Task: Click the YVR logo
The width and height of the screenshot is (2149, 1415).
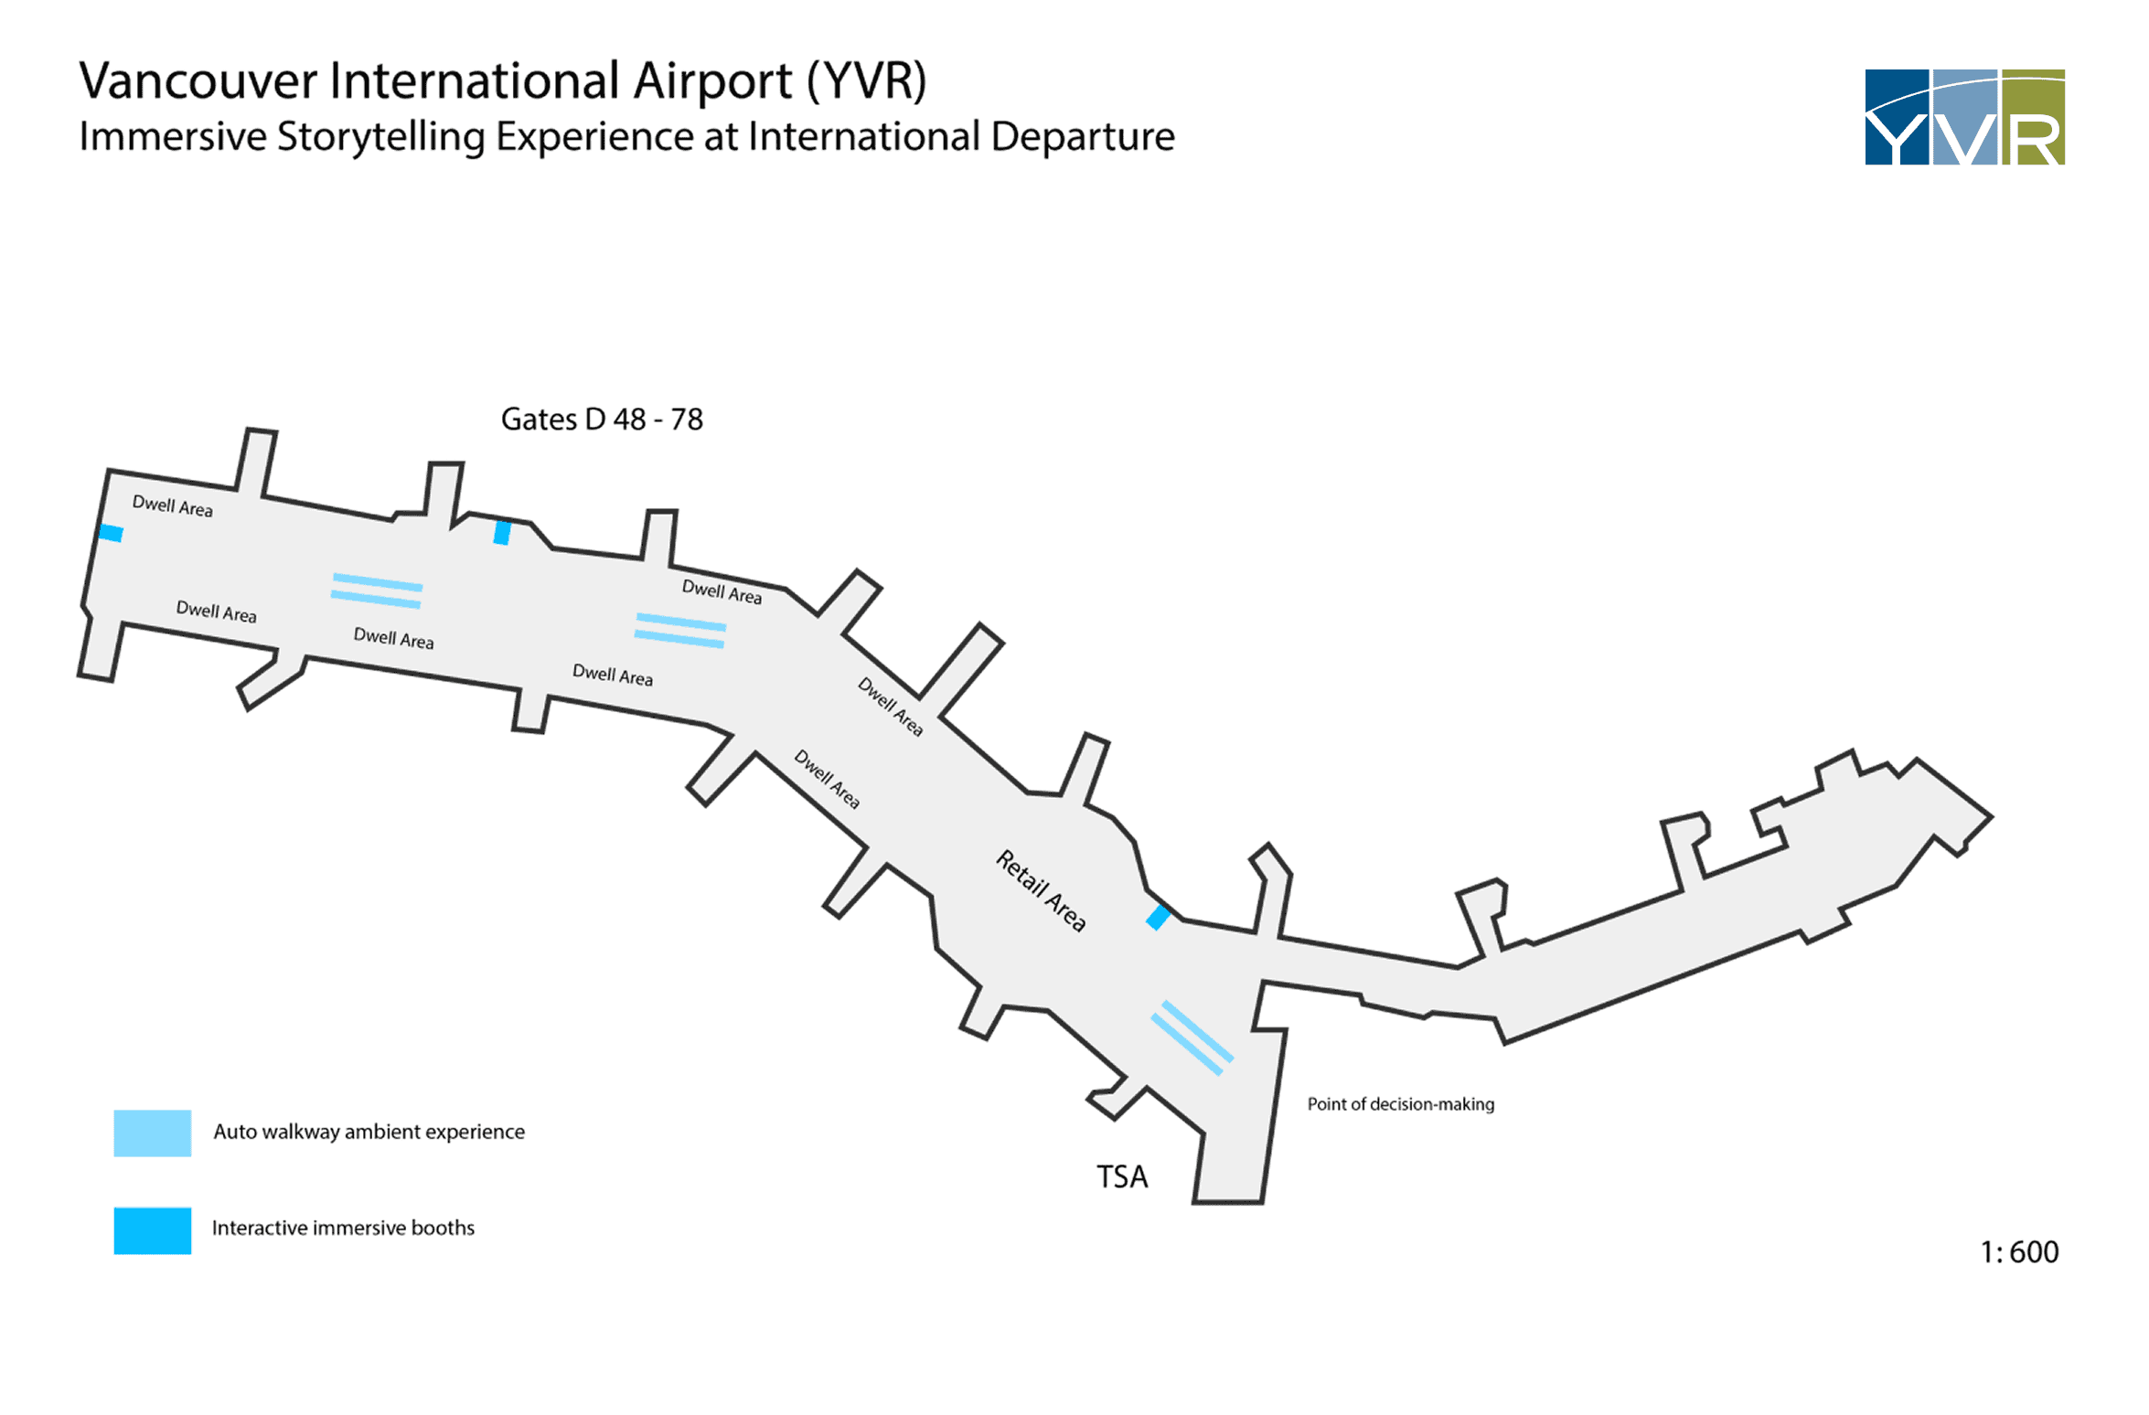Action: pos(1963,117)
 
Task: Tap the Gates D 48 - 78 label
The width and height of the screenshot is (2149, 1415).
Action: pos(602,420)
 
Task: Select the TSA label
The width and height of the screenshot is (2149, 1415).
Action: pos(1121,1177)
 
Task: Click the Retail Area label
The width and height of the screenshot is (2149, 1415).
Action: pos(1041,890)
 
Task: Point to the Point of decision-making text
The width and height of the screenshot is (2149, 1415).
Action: pos(1400,1104)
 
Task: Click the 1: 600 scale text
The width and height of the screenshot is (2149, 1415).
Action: pos(2018,1252)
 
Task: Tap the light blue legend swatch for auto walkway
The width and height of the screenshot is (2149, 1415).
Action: pos(152,1133)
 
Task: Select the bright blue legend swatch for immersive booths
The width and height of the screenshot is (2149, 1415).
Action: pos(152,1230)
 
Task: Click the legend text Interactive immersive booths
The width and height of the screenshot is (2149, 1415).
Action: pos(343,1228)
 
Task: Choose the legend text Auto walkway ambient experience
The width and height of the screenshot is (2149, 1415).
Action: pos(369,1132)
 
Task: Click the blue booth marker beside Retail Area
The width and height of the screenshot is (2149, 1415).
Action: pos(1158,917)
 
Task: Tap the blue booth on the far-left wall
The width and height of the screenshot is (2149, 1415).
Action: pos(111,533)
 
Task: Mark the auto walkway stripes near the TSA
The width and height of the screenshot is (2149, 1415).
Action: pos(1192,1037)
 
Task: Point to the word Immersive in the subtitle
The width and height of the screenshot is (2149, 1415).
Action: pos(173,137)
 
